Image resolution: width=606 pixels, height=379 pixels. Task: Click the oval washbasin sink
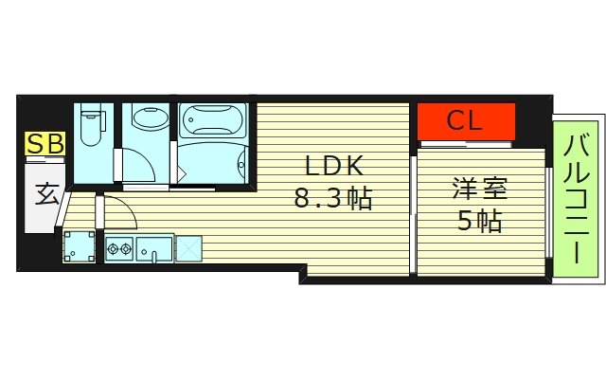pos(147,119)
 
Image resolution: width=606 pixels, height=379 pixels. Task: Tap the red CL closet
pos(466,120)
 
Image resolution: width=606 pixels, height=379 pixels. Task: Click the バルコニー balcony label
pos(575,200)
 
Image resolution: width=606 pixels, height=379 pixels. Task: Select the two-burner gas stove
pos(118,250)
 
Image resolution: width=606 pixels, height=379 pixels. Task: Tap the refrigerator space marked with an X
pos(189,248)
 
